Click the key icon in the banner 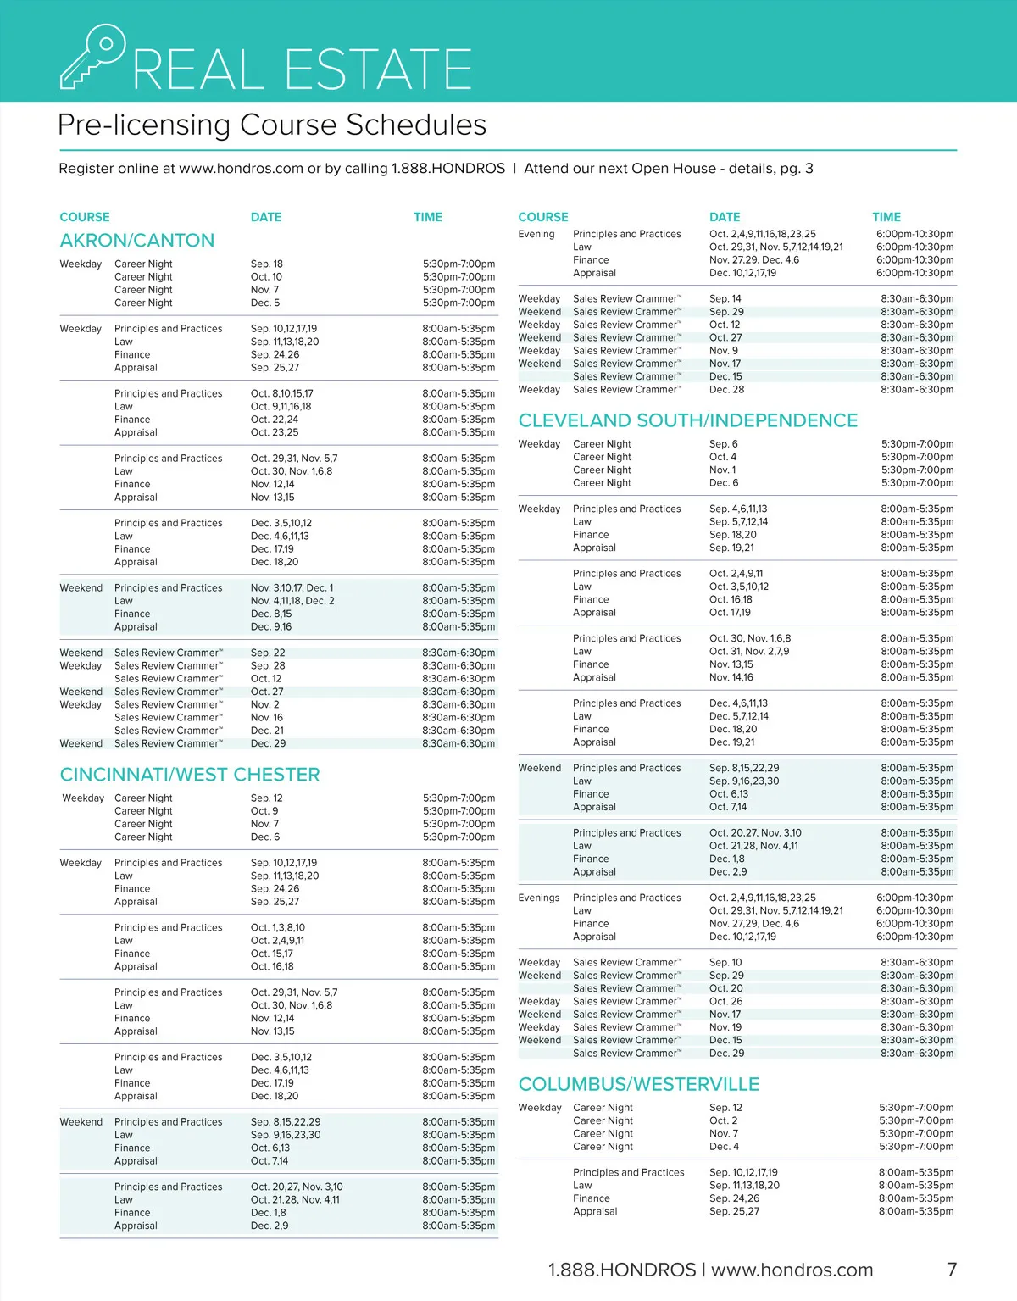(92, 56)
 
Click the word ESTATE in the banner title (378, 69)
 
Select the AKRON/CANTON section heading (137, 241)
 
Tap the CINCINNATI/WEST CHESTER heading (190, 775)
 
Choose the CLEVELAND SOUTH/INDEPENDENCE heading (688, 420)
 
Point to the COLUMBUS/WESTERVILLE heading (639, 1084)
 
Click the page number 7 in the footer (952, 1270)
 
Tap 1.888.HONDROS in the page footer (622, 1270)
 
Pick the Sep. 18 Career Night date (267, 264)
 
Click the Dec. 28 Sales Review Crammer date (726, 390)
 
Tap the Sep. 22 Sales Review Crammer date (268, 653)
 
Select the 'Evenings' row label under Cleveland (539, 898)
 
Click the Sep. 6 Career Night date (724, 444)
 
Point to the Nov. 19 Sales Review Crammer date (725, 1027)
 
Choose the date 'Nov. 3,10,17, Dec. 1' (292, 588)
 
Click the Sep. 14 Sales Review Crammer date (725, 299)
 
